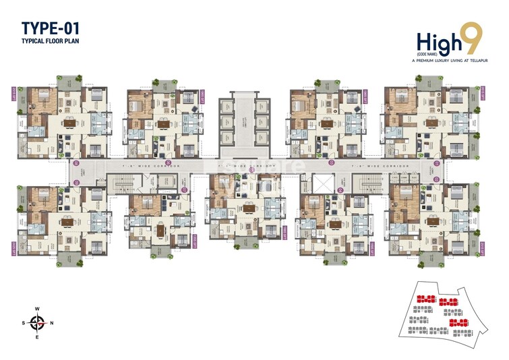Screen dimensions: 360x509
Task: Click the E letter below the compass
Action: (x=39, y=336)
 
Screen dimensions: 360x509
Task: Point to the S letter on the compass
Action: (x=26, y=322)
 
